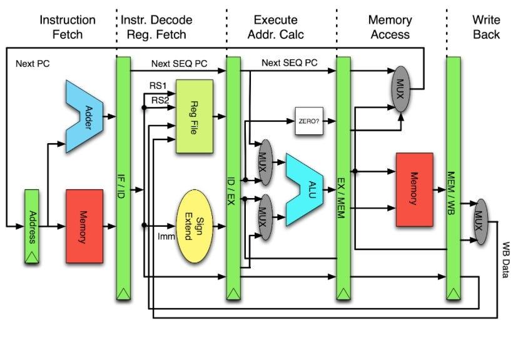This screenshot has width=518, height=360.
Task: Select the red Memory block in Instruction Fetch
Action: click(84, 226)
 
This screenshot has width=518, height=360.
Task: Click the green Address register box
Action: click(32, 226)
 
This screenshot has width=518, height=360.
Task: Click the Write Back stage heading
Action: click(486, 27)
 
